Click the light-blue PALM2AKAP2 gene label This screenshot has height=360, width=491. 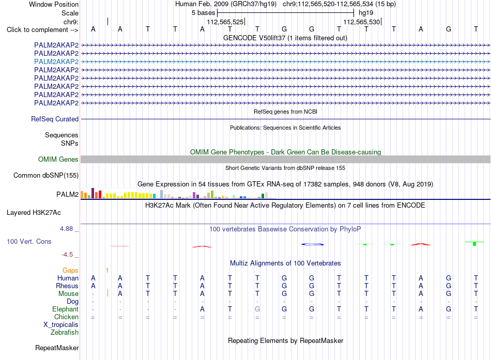pos(56,61)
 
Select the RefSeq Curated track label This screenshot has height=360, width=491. pos(55,119)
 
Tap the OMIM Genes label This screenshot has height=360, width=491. pos(58,159)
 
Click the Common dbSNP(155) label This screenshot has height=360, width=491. pos(46,175)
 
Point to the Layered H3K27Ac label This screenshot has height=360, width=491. pos(34,213)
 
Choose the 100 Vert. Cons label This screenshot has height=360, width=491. pos(29,241)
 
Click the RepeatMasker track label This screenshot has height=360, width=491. pos(57,348)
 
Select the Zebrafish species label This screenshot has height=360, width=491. pos(65,332)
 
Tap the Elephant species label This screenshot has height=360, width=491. pos(66,309)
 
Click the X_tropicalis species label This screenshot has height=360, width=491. pos(61,325)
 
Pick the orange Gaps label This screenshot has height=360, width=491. pos(70,270)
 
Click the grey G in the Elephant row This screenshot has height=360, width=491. pos(257,309)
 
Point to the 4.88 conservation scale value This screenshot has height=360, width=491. pos(66,229)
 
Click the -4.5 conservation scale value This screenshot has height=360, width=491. pos(67,255)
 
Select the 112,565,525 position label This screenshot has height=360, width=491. pos(225,22)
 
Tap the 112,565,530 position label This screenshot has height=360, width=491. pos(362,22)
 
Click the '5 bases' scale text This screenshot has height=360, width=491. pos(204,13)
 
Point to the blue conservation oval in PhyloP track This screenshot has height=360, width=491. pos(313,244)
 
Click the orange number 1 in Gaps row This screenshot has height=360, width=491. pos(107,271)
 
